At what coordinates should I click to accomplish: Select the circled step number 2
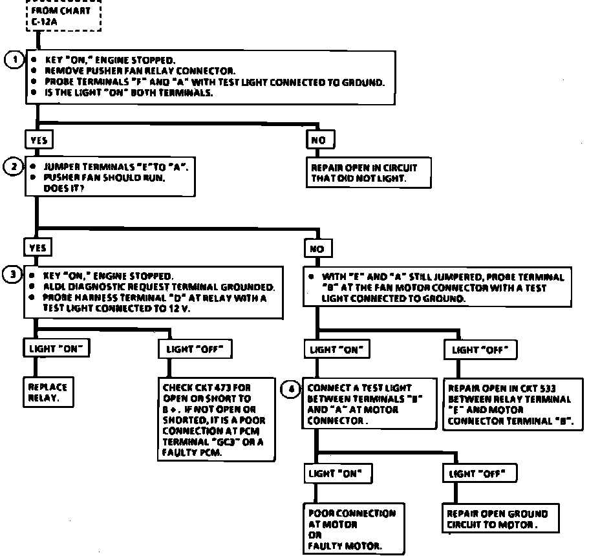click(14, 166)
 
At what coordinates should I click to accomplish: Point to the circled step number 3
click(13, 274)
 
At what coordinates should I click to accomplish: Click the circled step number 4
click(292, 389)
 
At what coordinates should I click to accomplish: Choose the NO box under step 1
click(319, 140)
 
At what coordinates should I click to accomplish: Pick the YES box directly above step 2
click(38, 140)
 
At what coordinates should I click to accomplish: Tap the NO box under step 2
click(319, 248)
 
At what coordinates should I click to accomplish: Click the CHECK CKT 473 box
click(213, 419)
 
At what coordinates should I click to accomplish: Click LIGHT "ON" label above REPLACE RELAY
click(56, 348)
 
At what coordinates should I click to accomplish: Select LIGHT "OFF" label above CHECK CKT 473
click(195, 349)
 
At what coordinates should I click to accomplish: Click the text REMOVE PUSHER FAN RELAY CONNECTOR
click(140, 70)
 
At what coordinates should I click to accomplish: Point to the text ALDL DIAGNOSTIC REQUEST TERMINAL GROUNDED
click(158, 286)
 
